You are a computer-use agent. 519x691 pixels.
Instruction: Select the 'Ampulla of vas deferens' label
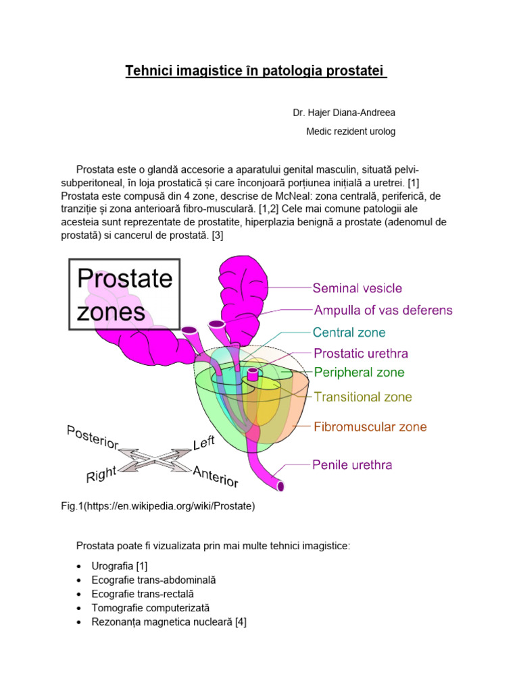[383, 310]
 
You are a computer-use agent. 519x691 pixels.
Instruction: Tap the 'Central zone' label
[349, 333]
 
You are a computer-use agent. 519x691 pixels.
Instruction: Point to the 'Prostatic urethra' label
[361, 353]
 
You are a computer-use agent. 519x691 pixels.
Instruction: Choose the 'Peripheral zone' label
[360, 372]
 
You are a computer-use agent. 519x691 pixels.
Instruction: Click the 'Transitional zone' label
[363, 397]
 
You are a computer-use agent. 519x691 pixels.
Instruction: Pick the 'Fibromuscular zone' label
[370, 426]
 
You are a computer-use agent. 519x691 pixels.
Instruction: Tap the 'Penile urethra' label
[352, 464]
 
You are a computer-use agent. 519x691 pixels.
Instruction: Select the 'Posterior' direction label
[93, 438]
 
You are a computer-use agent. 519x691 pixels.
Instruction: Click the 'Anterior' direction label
[216, 476]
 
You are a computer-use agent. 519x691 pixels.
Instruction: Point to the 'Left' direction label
[204, 443]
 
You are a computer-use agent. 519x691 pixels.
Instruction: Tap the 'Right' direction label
[101, 475]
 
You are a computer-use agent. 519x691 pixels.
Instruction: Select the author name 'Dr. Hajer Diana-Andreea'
[339, 112]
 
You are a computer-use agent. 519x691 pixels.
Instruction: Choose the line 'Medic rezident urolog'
[351, 132]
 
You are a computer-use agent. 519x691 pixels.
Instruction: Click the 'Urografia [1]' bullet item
[120, 566]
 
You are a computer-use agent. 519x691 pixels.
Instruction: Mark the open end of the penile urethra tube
[280, 487]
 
